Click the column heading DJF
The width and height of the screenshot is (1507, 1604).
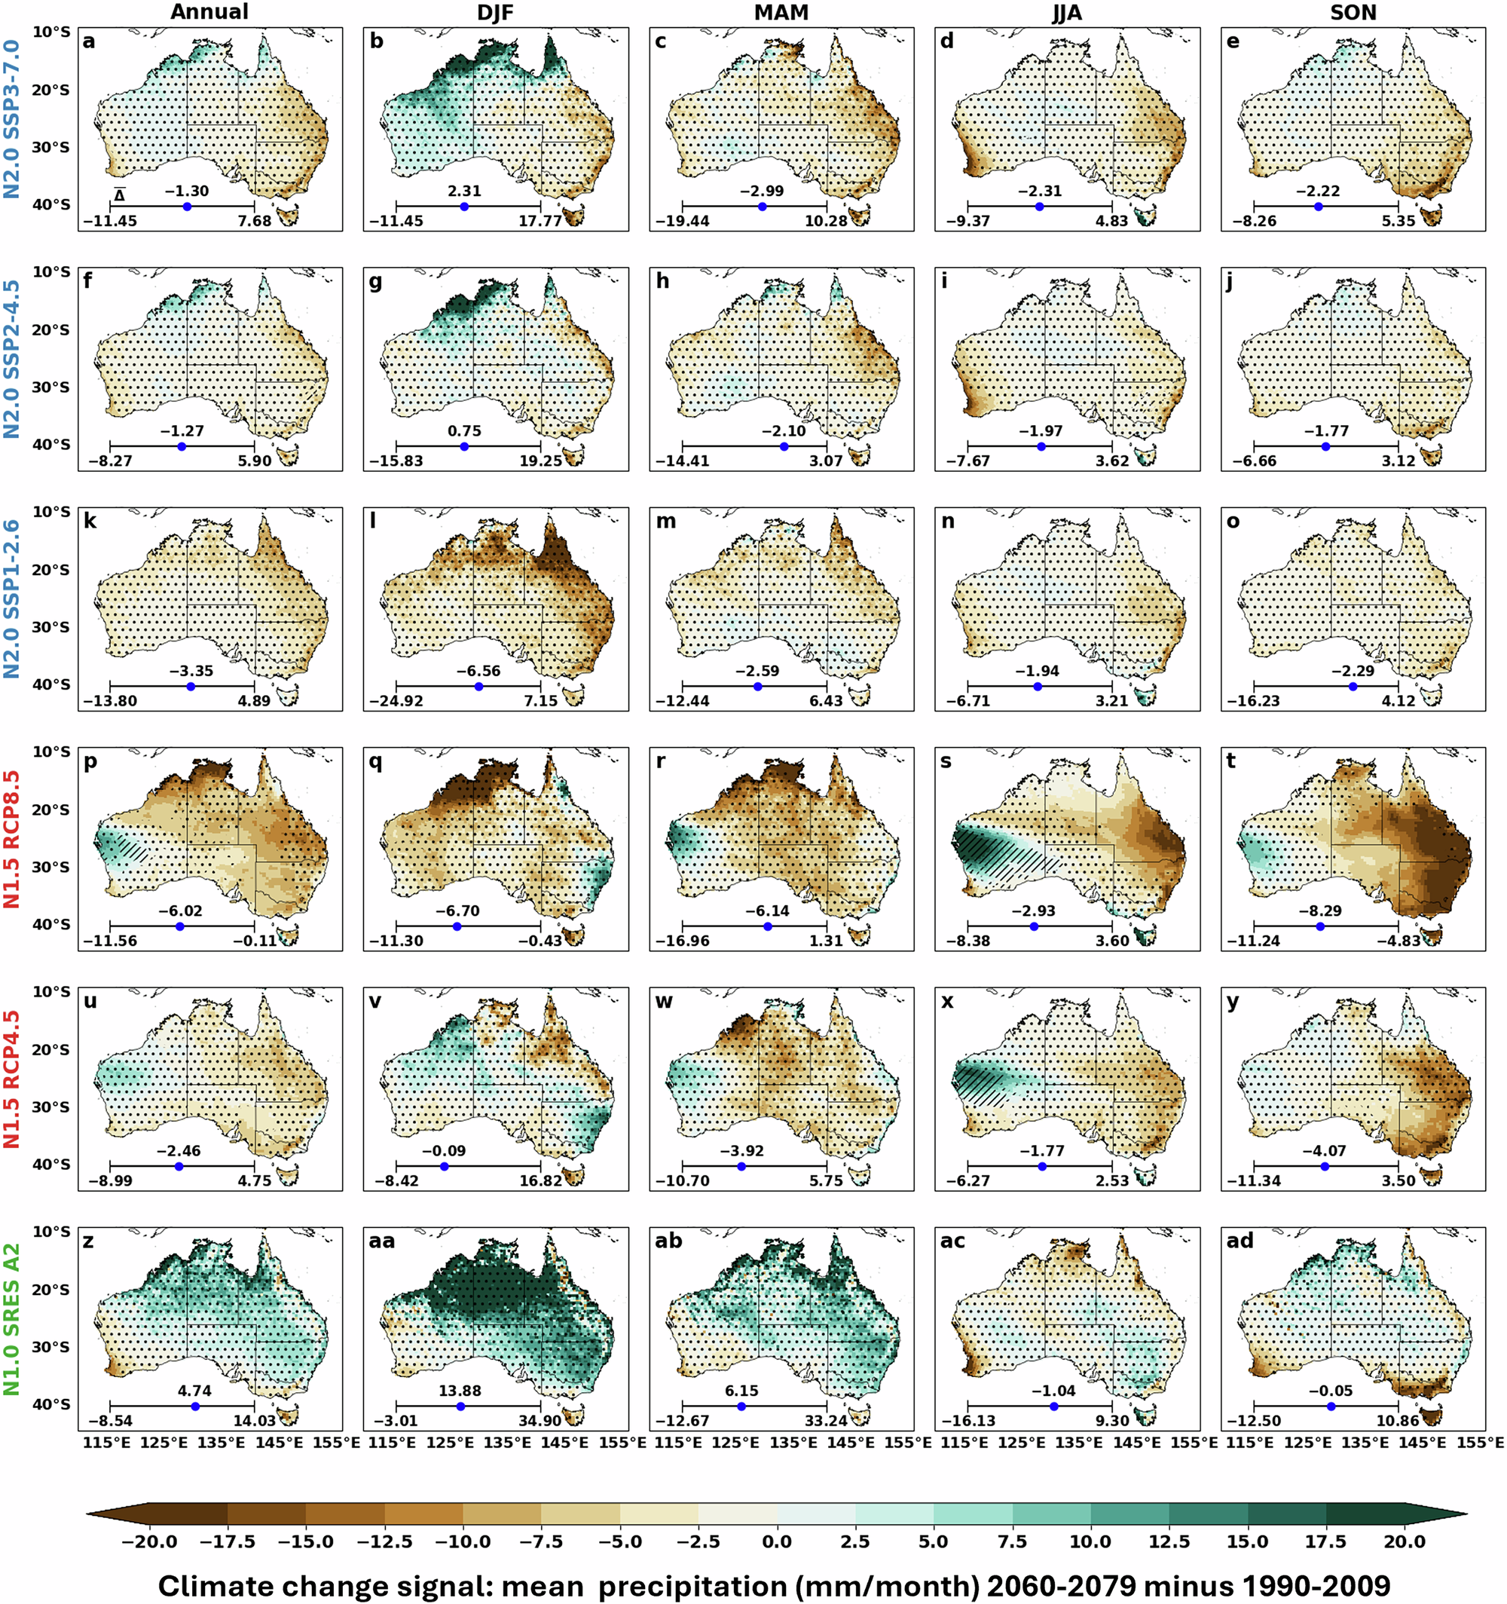tap(495, 12)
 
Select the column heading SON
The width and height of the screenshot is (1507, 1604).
tap(1353, 12)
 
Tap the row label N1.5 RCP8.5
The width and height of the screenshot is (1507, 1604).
tap(12, 839)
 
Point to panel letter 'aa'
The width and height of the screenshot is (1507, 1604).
tap(381, 1240)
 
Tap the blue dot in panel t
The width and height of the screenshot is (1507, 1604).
tap(1320, 926)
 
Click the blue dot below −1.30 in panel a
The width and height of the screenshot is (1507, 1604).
tap(187, 207)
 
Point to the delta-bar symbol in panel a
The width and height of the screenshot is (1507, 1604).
tap(119, 194)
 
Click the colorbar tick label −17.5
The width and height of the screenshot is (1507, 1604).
tap(228, 1542)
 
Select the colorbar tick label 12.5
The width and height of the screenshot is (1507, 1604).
tap(1169, 1542)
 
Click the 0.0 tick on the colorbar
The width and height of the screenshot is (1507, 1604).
tap(777, 1542)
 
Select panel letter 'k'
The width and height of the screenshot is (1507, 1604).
tap(90, 521)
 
